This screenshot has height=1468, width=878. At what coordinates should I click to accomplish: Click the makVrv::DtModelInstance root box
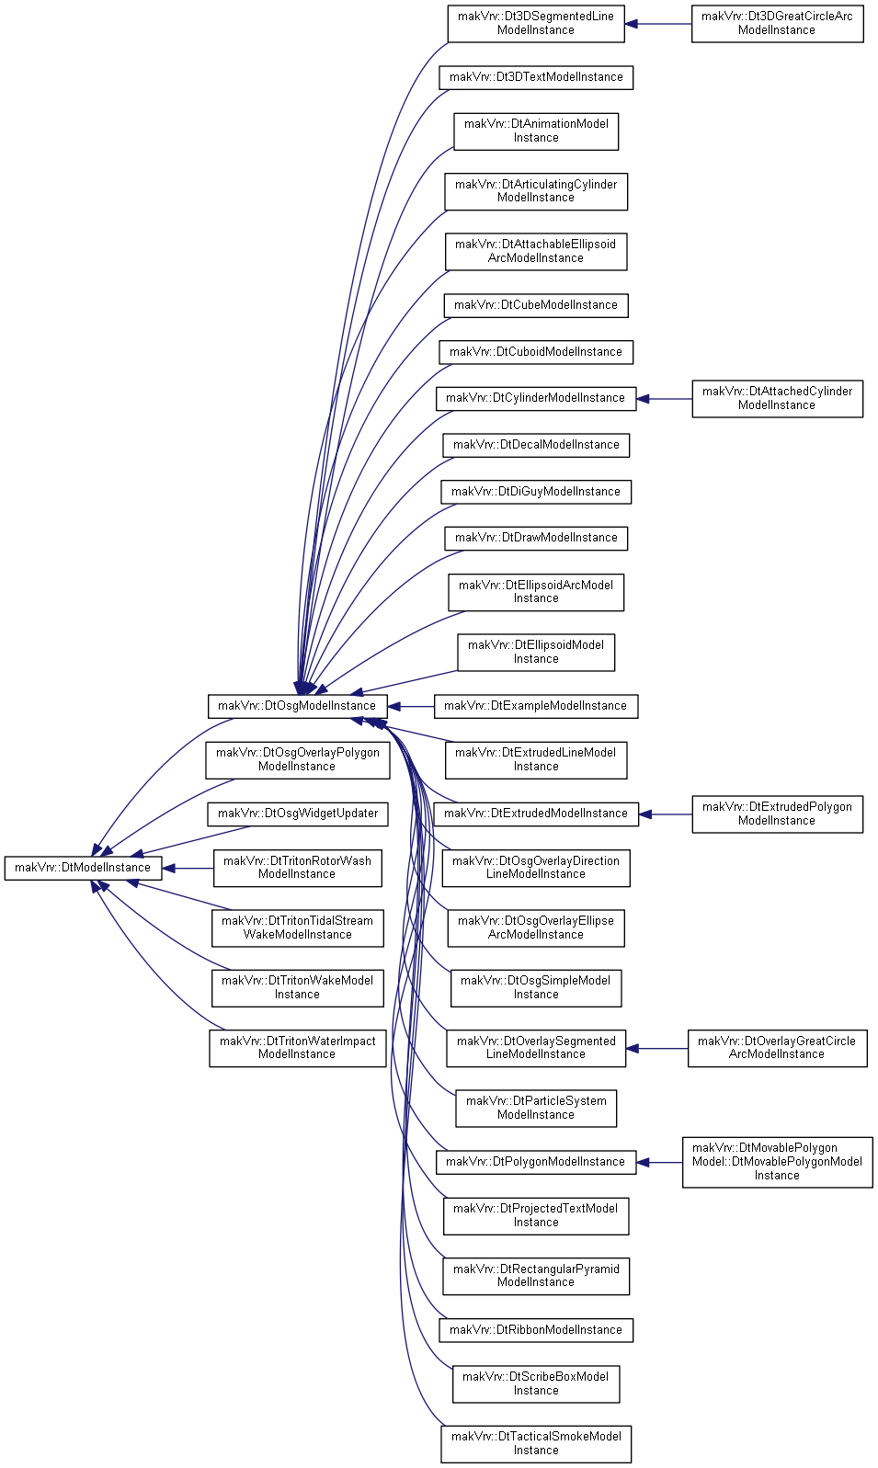point(84,868)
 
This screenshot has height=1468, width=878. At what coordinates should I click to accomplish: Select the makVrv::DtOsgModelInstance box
point(298,706)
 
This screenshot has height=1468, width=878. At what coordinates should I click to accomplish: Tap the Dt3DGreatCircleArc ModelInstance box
point(777,24)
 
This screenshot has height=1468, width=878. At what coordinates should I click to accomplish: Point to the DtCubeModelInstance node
point(536,305)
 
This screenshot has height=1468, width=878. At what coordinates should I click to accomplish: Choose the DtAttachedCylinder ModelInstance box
point(777,398)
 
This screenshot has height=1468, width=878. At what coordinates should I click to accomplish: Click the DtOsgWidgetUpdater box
point(298,814)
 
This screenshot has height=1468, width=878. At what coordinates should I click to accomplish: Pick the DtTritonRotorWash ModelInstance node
point(298,868)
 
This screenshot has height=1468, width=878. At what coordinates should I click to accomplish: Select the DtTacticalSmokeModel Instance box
point(536,1444)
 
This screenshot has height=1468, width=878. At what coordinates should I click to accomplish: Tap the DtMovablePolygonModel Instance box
point(777,1162)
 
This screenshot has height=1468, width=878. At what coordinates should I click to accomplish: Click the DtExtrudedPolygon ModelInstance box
point(777,814)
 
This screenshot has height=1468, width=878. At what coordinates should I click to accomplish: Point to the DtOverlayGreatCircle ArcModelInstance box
point(777,1048)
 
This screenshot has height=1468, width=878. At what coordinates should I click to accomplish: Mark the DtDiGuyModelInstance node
point(536,492)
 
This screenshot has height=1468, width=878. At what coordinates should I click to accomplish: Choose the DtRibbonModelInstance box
point(536,1330)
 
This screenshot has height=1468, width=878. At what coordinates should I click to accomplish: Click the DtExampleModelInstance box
point(536,706)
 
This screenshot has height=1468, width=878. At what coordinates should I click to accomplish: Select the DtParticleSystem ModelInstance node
point(536,1109)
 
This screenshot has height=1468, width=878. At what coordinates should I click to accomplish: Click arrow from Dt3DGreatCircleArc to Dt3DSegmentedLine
point(658,24)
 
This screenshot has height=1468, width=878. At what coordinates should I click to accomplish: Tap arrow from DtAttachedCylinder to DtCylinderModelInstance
point(665,398)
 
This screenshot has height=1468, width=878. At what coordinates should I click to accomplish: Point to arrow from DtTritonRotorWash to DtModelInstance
point(188,869)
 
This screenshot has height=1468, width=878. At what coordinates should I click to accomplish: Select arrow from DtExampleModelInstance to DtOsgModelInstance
point(411,707)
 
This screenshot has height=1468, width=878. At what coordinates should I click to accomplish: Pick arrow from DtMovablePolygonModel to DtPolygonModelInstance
point(659,1163)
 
